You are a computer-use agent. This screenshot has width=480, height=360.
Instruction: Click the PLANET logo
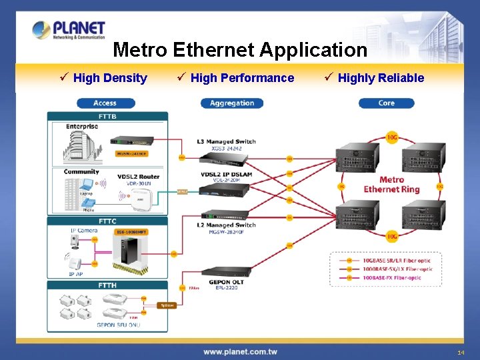click(69, 30)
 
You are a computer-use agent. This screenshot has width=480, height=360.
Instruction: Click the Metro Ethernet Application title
click(240, 50)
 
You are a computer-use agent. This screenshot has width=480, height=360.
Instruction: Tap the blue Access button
click(105, 103)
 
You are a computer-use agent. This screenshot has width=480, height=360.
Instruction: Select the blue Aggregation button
click(231, 103)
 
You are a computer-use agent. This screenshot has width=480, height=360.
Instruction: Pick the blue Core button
click(386, 103)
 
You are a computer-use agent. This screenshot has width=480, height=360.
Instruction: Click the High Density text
click(110, 78)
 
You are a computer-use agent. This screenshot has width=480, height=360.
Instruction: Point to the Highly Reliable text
click(381, 78)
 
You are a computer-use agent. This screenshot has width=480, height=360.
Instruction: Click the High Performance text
click(242, 78)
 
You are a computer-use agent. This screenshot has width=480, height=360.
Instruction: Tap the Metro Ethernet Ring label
click(391, 184)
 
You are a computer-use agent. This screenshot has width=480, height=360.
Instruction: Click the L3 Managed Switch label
click(227, 141)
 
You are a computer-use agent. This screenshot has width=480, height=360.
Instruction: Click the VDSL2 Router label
click(138, 176)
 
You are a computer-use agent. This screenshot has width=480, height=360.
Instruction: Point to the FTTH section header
click(108, 285)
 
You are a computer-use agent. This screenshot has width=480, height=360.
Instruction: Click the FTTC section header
click(108, 221)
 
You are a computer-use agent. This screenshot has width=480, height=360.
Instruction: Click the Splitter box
click(167, 305)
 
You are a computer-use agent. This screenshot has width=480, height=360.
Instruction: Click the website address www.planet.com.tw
click(240, 351)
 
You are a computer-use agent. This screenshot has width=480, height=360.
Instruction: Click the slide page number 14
click(461, 352)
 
